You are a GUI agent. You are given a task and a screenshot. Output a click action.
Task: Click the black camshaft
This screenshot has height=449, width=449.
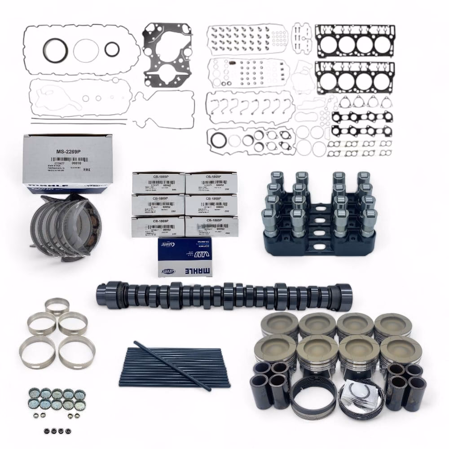(x=222, y=296)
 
